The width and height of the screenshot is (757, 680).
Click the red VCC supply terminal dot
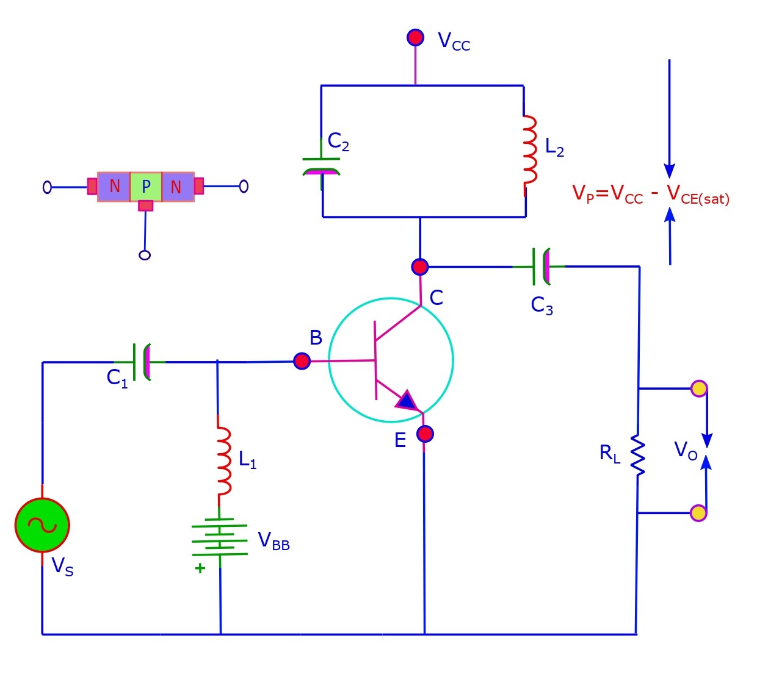point(415,37)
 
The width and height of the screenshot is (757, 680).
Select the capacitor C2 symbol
point(321,165)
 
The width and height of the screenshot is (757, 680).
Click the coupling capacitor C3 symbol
point(541,267)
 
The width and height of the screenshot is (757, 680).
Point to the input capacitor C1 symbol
point(141,362)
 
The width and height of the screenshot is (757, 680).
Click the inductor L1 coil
point(223,461)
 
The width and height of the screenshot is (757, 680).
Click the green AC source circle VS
point(42,525)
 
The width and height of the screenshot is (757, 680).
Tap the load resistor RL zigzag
point(638,455)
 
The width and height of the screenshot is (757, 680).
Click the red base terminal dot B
point(302,361)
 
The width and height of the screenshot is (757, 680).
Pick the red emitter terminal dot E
point(425,434)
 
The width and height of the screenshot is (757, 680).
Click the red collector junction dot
point(419,267)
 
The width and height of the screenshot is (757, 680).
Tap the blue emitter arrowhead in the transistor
point(407,401)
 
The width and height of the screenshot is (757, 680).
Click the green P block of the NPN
point(146,187)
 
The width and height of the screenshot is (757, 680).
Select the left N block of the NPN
point(114,187)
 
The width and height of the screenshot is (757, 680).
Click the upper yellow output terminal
point(698,388)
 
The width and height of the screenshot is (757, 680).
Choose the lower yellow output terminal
point(698,513)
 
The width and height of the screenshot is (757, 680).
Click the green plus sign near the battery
point(200,568)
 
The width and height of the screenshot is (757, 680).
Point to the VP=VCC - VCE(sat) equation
point(650,194)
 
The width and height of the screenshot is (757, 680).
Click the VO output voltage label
point(685,451)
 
